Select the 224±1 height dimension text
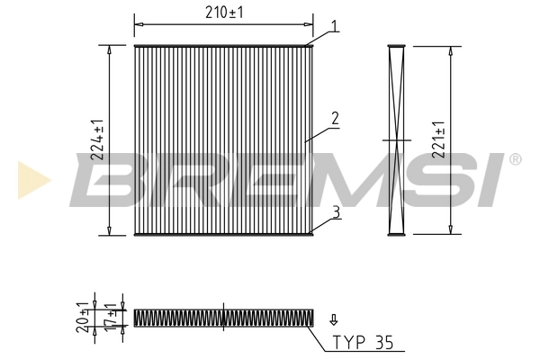[x=98, y=139]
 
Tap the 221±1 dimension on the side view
[x=437, y=139]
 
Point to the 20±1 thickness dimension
[x=81, y=317]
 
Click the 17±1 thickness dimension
[x=112, y=317]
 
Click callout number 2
[x=334, y=118]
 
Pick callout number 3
[x=334, y=212]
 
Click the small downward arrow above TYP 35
[x=334, y=319]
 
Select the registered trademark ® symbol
[x=515, y=159]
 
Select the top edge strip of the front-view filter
[x=224, y=44]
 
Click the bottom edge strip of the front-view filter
[x=224, y=235]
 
